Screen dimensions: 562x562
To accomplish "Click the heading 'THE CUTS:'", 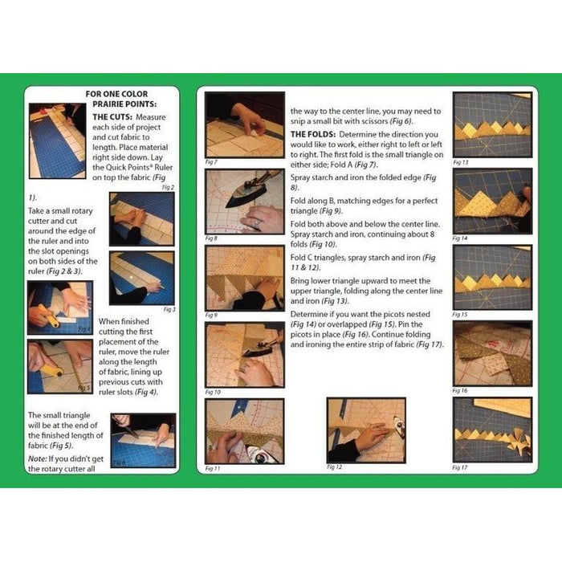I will (x=114, y=116).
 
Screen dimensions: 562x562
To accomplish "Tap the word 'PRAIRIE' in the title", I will (x=109, y=104).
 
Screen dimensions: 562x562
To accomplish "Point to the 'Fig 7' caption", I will (x=212, y=162).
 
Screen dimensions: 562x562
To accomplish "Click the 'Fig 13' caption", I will (x=461, y=162).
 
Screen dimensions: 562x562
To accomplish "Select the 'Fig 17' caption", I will (x=461, y=466).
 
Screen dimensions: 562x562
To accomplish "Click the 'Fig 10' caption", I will (x=213, y=392).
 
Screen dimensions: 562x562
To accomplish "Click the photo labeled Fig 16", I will (x=492, y=353).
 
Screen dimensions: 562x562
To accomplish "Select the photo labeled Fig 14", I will (x=492, y=201).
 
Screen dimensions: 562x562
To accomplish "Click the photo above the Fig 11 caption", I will (x=245, y=430).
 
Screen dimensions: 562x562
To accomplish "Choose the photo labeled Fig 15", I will (x=492, y=277).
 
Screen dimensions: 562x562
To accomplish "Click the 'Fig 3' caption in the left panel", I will (x=169, y=309).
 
